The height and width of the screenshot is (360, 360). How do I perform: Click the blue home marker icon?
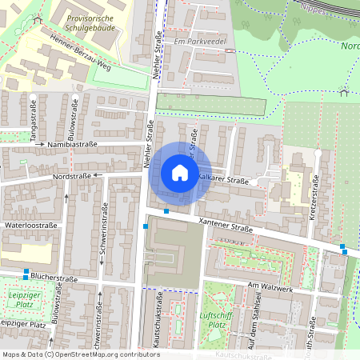pyautogui.click(x=179, y=172)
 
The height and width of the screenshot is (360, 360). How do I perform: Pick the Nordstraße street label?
pyautogui.click(x=72, y=174)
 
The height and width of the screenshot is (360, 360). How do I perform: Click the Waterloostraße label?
pyautogui.click(x=30, y=226)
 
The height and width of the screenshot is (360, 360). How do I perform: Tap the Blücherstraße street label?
pyautogui.click(x=54, y=278)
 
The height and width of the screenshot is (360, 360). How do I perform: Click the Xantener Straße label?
pyautogui.click(x=226, y=223)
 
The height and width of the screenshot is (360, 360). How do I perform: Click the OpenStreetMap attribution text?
pyautogui.click(x=81, y=354)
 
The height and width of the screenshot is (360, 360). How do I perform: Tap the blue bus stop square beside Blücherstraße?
pyautogui.click(x=26, y=270)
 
